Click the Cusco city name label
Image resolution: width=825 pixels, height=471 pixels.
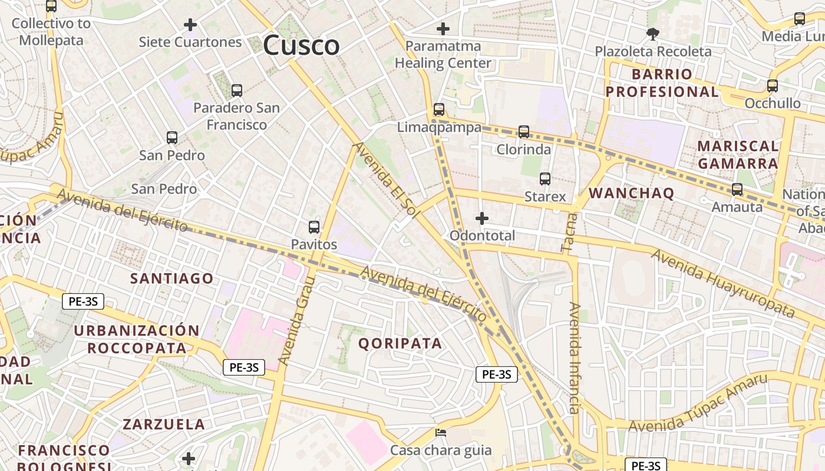tap(301, 45)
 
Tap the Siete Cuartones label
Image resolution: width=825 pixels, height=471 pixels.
tap(190, 42)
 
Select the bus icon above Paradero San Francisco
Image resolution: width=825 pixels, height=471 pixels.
tap(237, 91)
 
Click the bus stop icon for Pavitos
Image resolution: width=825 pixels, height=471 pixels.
tap(314, 227)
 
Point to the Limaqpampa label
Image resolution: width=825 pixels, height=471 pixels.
tap(439, 127)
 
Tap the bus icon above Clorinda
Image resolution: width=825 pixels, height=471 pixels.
tap(524, 132)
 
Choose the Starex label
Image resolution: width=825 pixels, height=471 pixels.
tap(545, 196)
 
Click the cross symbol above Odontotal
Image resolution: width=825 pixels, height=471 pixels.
tap(482, 218)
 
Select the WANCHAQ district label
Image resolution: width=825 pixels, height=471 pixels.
tap(631, 193)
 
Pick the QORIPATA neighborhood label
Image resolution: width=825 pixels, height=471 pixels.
tap(400, 343)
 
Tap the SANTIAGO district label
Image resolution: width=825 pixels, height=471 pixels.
tap(171, 278)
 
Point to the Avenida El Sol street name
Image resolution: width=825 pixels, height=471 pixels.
tap(386, 180)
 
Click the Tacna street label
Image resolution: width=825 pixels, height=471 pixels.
tap(568, 233)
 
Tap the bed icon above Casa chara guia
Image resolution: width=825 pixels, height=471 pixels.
tap(440, 433)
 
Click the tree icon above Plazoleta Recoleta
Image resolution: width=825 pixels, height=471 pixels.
tap(652, 34)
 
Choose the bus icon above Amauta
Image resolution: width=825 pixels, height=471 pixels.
tap(737, 190)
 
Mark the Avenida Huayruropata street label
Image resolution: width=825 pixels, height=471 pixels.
tap(723, 283)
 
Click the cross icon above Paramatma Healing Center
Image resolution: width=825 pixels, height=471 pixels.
tap(443, 28)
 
